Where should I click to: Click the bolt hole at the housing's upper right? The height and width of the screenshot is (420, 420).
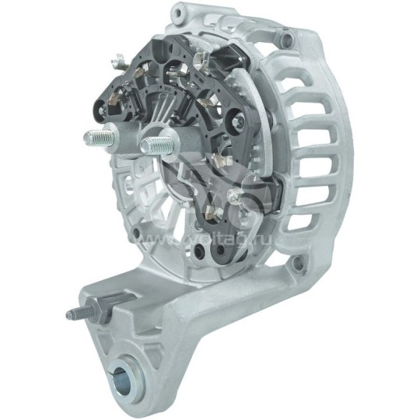pyautogui.click(x=288, y=39)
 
